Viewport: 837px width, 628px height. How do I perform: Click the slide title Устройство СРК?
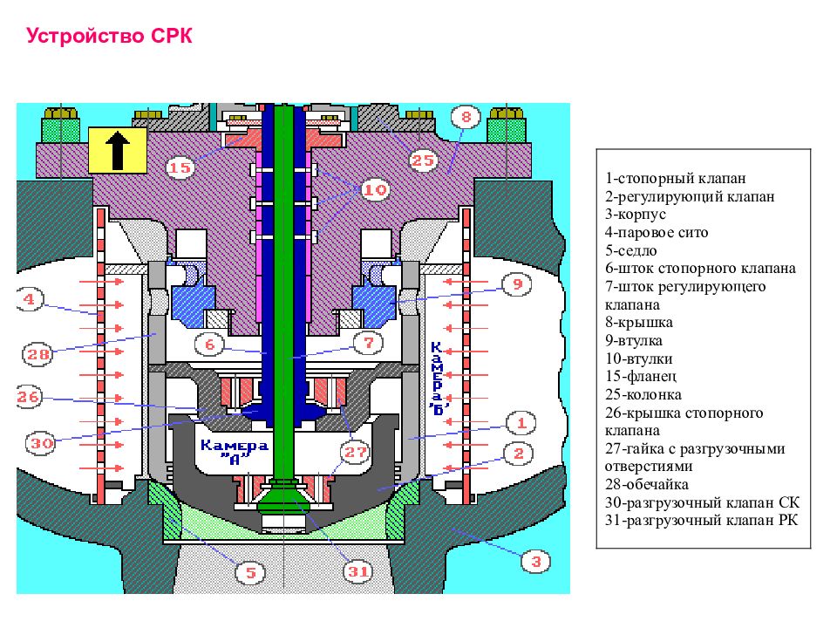coord(109,37)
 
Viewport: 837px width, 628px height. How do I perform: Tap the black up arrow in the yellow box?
coord(118,151)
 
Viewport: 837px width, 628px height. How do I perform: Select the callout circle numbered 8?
coord(466,117)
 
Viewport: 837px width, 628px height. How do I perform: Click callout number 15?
coord(180,167)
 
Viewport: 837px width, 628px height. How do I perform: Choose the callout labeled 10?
coord(375,189)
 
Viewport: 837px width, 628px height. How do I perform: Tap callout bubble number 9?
coord(517,283)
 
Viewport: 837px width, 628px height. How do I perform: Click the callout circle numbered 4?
coord(29,299)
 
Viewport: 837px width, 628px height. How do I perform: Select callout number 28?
coord(37,354)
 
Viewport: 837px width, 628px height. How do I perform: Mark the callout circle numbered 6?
coord(209,345)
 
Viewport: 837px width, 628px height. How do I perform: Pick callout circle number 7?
coord(368,343)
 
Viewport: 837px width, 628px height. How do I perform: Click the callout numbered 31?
coord(357,572)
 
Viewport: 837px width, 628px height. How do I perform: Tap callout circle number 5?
coord(250,573)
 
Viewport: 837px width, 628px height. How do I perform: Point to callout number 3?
coord(535,561)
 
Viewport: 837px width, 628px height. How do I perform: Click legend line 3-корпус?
coord(636,215)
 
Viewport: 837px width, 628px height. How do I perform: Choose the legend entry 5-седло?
coord(630,250)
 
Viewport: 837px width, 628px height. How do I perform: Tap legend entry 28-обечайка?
coord(646,484)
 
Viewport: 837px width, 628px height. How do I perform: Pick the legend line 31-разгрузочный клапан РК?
coord(701,520)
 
